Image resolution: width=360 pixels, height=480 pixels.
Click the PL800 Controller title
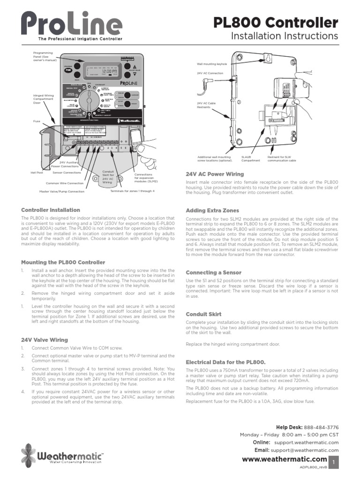point(275,22)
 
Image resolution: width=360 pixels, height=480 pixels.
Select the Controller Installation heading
point(51,210)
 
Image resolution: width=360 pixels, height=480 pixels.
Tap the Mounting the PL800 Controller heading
point(63,262)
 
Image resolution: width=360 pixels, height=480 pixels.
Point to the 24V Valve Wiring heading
point(45,339)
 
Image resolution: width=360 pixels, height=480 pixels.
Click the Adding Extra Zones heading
point(212,210)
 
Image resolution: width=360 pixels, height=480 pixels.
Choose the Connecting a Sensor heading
point(214,272)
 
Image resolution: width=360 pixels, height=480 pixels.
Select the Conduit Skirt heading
point(203,314)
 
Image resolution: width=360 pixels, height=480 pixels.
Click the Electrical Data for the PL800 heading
point(225,362)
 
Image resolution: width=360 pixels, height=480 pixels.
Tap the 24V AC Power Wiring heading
point(215,174)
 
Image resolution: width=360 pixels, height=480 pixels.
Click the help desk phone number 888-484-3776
point(321,427)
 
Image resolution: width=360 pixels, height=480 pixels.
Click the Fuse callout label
point(36,121)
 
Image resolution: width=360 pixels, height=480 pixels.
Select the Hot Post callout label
point(37,172)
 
